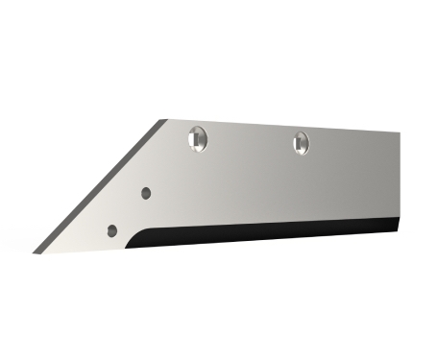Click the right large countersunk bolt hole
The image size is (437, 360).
point(301,142)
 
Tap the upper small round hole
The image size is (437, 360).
point(146,193)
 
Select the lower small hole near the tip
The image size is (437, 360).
point(112,230)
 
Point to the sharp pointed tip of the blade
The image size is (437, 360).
point(36,252)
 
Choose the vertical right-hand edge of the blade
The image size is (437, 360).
point(397,182)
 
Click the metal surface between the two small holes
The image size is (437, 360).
point(130,211)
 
